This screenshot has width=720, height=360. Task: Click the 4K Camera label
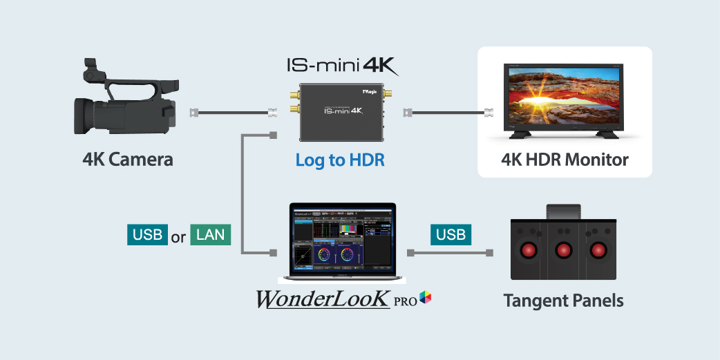[x=128, y=160]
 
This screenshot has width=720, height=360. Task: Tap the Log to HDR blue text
[x=340, y=160]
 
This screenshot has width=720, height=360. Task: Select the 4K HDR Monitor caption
[x=565, y=160]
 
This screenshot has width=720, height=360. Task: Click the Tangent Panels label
[x=563, y=301]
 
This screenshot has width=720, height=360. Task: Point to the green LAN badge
[x=211, y=235]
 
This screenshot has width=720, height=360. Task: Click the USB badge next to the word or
[x=147, y=235]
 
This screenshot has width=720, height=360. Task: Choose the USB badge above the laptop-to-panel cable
[x=451, y=234]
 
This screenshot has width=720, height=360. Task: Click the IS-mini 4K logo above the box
[x=343, y=66]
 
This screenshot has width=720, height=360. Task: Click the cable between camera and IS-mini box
[x=231, y=111]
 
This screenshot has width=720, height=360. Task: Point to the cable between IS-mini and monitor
[x=449, y=111]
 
